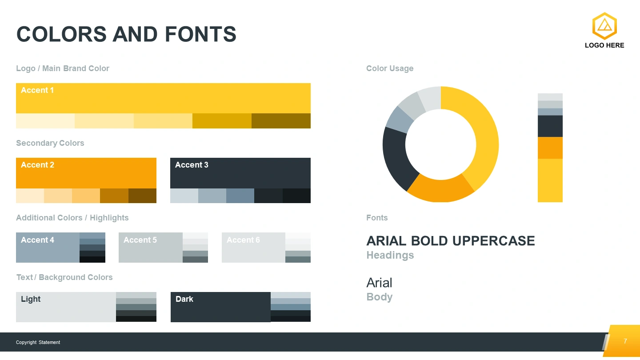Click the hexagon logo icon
tap(604, 26)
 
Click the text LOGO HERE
tap(604, 45)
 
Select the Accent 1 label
tap(37, 90)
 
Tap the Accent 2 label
tap(37, 165)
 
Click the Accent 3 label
tap(192, 165)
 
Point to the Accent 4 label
tap(37, 240)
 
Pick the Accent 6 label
tap(243, 240)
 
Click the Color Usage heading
tap(390, 68)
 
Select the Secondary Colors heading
tap(50, 143)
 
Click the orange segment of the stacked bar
tap(550, 148)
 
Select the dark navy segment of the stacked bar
tap(550, 126)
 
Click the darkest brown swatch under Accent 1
tap(281, 121)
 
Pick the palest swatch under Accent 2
tap(30, 196)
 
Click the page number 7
tap(625, 341)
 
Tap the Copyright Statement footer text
tap(38, 342)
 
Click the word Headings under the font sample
tap(390, 255)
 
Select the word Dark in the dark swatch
tap(184, 299)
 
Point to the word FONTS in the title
tap(200, 34)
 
